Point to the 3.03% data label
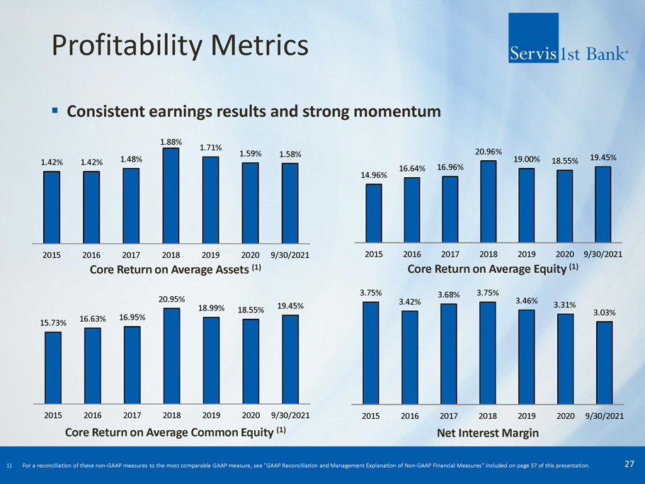pyautogui.click(x=603, y=312)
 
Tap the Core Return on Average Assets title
pyautogui.click(x=170, y=269)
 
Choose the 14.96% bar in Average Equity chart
pyautogui.click(x=373, y=213)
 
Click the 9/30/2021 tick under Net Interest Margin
pyautogui.click(x=603, y=415)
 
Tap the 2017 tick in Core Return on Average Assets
pyautogui.click(x=131, y=254)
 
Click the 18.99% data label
pyautogui.click(x=210, y=308)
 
